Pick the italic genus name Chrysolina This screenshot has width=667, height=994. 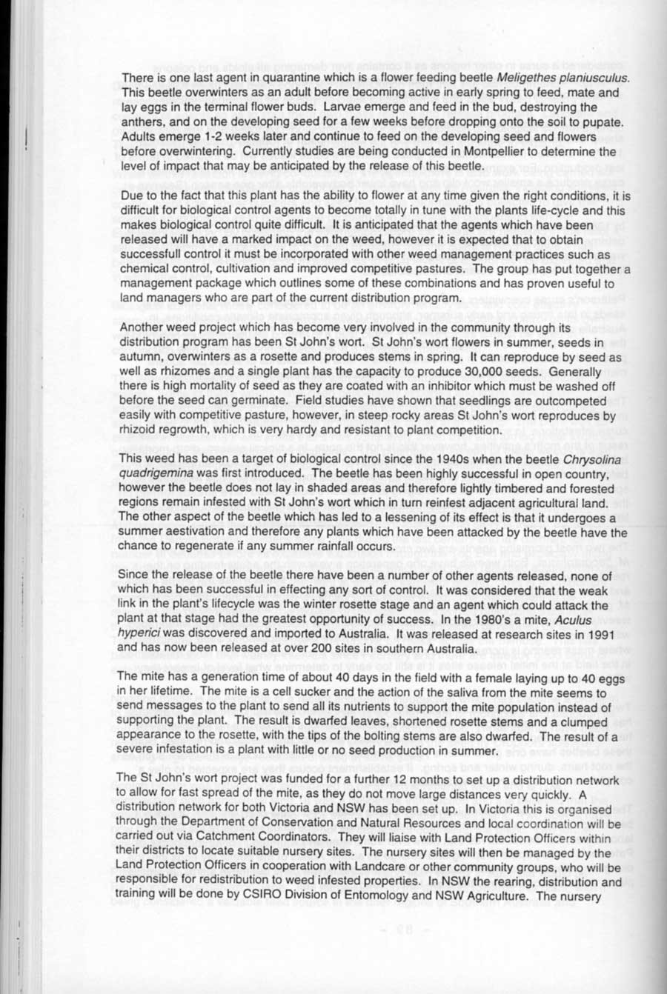[597, 459]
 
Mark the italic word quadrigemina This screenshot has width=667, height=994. [157, 474]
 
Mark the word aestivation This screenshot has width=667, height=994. [192, 533]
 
